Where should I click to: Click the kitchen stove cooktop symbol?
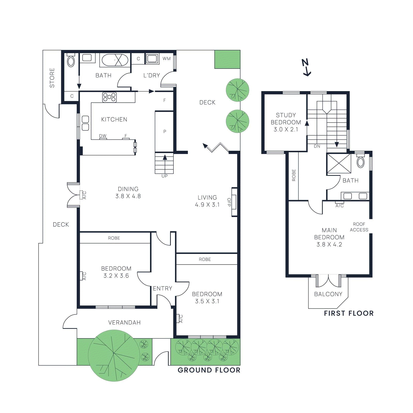(x=109, y=97)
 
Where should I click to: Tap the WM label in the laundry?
(x=166, y=59)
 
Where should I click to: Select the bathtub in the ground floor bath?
(x=115, y=60)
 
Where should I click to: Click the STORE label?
(x=52, y=78)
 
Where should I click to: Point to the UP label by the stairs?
(x=164, y=176)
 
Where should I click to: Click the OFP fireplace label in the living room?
(x=229, y=202)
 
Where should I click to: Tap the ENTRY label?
(x=162, y=288)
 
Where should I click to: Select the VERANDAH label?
(x=124, y=322)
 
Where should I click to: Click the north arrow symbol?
(x=306, y=68)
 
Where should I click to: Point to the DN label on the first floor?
(x=317, y=146)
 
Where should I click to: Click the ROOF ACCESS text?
(x=359, y=227)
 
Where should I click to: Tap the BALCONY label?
(x=328, y=294)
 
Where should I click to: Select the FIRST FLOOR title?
(x=349, y=313)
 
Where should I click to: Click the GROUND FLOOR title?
(x=209, y=370)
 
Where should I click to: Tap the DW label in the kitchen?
(x=103, y=136)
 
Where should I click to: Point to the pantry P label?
(x=165, y=131)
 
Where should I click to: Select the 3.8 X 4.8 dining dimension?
(x=128, y=196)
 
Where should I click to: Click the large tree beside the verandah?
(x=114, y=355)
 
